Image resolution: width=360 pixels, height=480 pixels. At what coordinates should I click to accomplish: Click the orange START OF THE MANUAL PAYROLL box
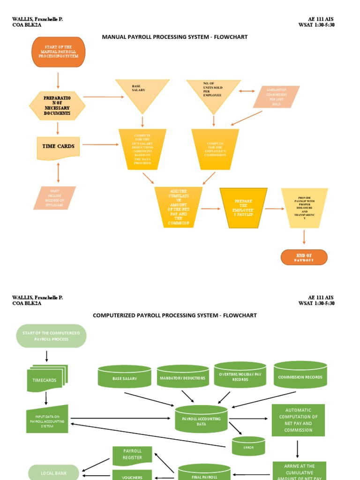[58, 52]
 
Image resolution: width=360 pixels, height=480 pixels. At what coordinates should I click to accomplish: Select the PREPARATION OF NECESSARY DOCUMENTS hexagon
[57, 106]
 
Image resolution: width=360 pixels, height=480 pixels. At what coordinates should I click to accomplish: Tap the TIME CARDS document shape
[58, 147]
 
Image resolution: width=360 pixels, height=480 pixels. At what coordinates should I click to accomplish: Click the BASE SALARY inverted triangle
[142, 93]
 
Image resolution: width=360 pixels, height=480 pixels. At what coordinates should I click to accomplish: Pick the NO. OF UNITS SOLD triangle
[213, 93]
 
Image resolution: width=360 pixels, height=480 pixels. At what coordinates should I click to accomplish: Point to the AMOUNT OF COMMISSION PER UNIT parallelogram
[276, 97]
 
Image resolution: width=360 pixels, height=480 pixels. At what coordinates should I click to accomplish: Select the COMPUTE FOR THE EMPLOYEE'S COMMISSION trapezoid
[215, 149]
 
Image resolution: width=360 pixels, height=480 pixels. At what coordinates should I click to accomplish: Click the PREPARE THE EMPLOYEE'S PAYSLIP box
[243, 208]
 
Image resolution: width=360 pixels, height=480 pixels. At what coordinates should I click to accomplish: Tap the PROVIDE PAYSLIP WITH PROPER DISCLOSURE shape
[304, 208]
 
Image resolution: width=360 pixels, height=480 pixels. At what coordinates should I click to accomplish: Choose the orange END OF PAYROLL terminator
[304, 257]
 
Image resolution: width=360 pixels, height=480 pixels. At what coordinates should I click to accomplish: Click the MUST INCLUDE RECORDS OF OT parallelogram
[55, 198]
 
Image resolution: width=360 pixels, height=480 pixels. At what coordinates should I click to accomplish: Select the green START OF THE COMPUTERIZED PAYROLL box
[51, 336]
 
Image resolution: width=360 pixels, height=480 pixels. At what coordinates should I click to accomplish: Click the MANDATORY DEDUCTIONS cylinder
[183, 377]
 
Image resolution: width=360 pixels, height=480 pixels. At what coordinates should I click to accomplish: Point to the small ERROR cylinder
[248, 446]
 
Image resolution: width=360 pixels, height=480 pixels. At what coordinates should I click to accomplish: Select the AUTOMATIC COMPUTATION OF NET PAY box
[298, 420]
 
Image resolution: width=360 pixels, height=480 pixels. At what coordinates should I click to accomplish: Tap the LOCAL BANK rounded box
[53, 472]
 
